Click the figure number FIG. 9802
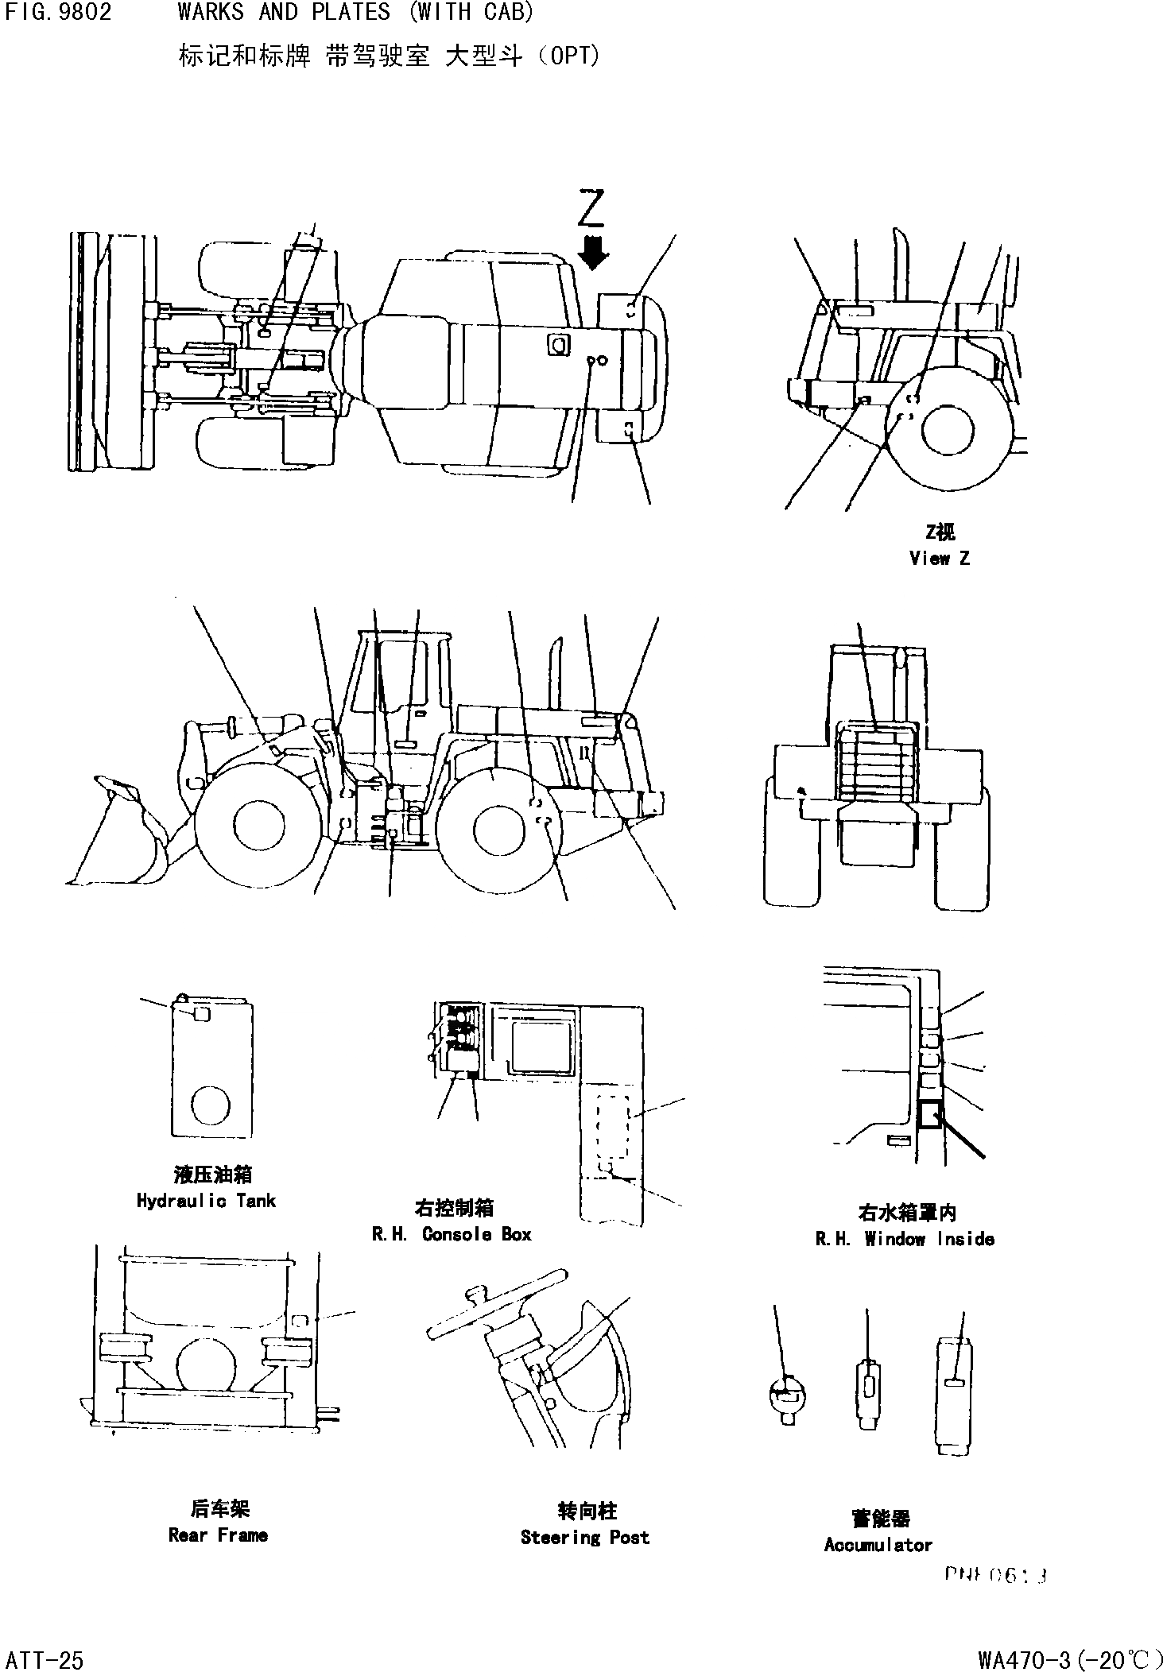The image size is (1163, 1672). (57, 13)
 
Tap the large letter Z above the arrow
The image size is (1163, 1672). (592, 208)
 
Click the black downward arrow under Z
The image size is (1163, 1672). (593, 254)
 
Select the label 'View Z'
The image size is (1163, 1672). (939, 559)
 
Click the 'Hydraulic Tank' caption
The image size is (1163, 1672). (206, 1201)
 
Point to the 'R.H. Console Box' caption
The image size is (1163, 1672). (451, 1234)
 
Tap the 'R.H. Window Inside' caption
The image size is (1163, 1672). (905, 1239)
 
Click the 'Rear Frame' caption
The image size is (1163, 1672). (218, 1535)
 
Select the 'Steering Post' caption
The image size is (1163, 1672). (584, 1537)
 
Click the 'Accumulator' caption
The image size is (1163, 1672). (878, 1545)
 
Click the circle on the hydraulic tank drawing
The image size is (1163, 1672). (211, 1105)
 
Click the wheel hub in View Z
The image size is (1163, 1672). (947, 430)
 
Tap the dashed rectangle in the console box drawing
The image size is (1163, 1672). (613, 1128)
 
